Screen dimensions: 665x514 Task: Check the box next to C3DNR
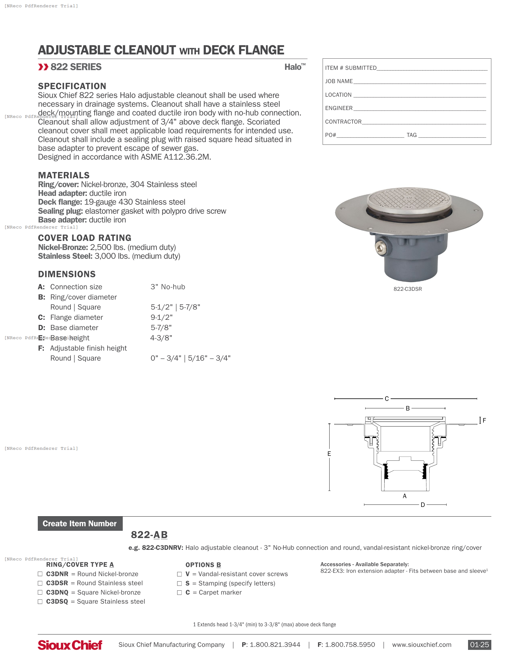pos(40,574)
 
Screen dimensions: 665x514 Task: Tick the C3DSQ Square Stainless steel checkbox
pos(40,602)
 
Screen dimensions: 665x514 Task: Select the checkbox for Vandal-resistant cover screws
pos(179,574)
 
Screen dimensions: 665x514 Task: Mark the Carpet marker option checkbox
pos(179,592)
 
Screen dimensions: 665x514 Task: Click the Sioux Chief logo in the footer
pos(70,645)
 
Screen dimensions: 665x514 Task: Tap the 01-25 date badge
pos(479,645)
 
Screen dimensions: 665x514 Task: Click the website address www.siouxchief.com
pos(421,645)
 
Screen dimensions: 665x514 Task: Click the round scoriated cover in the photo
pos(409,200)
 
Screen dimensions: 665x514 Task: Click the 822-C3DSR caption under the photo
pos(408,289)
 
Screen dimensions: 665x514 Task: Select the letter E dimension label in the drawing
pos(329,454)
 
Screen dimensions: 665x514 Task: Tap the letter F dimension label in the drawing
pos(484,420)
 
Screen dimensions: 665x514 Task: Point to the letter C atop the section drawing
pos(387,399)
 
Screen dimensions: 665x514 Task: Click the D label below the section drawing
pos(423,505)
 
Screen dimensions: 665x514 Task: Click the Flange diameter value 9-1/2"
pos(161,317)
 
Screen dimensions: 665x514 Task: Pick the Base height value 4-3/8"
pos(161,338)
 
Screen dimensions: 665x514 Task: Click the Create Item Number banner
pos(80,524)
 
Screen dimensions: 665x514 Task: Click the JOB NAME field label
pos(339,81)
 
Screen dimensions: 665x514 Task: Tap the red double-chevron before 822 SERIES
pos(43,67)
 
